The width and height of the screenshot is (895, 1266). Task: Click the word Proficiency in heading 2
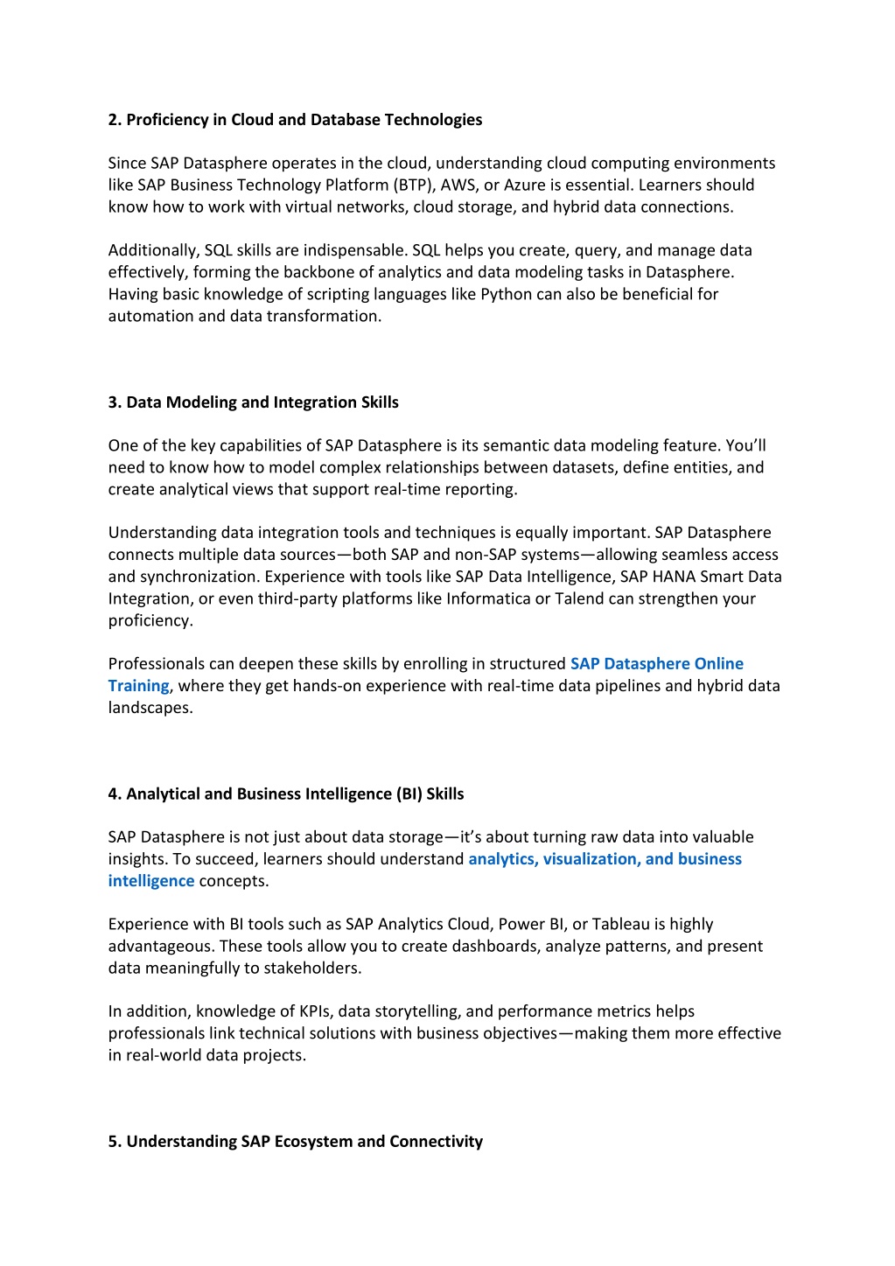[x=167, y=120]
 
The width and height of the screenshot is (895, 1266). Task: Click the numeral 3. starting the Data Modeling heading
[x=115, y=402]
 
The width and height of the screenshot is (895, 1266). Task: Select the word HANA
[x=674, y=577]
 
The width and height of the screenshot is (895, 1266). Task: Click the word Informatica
[x=488, y=599]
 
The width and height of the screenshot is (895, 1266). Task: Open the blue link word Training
[x=138, y=686]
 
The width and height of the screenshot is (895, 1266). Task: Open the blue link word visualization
[x=592, y=859]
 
